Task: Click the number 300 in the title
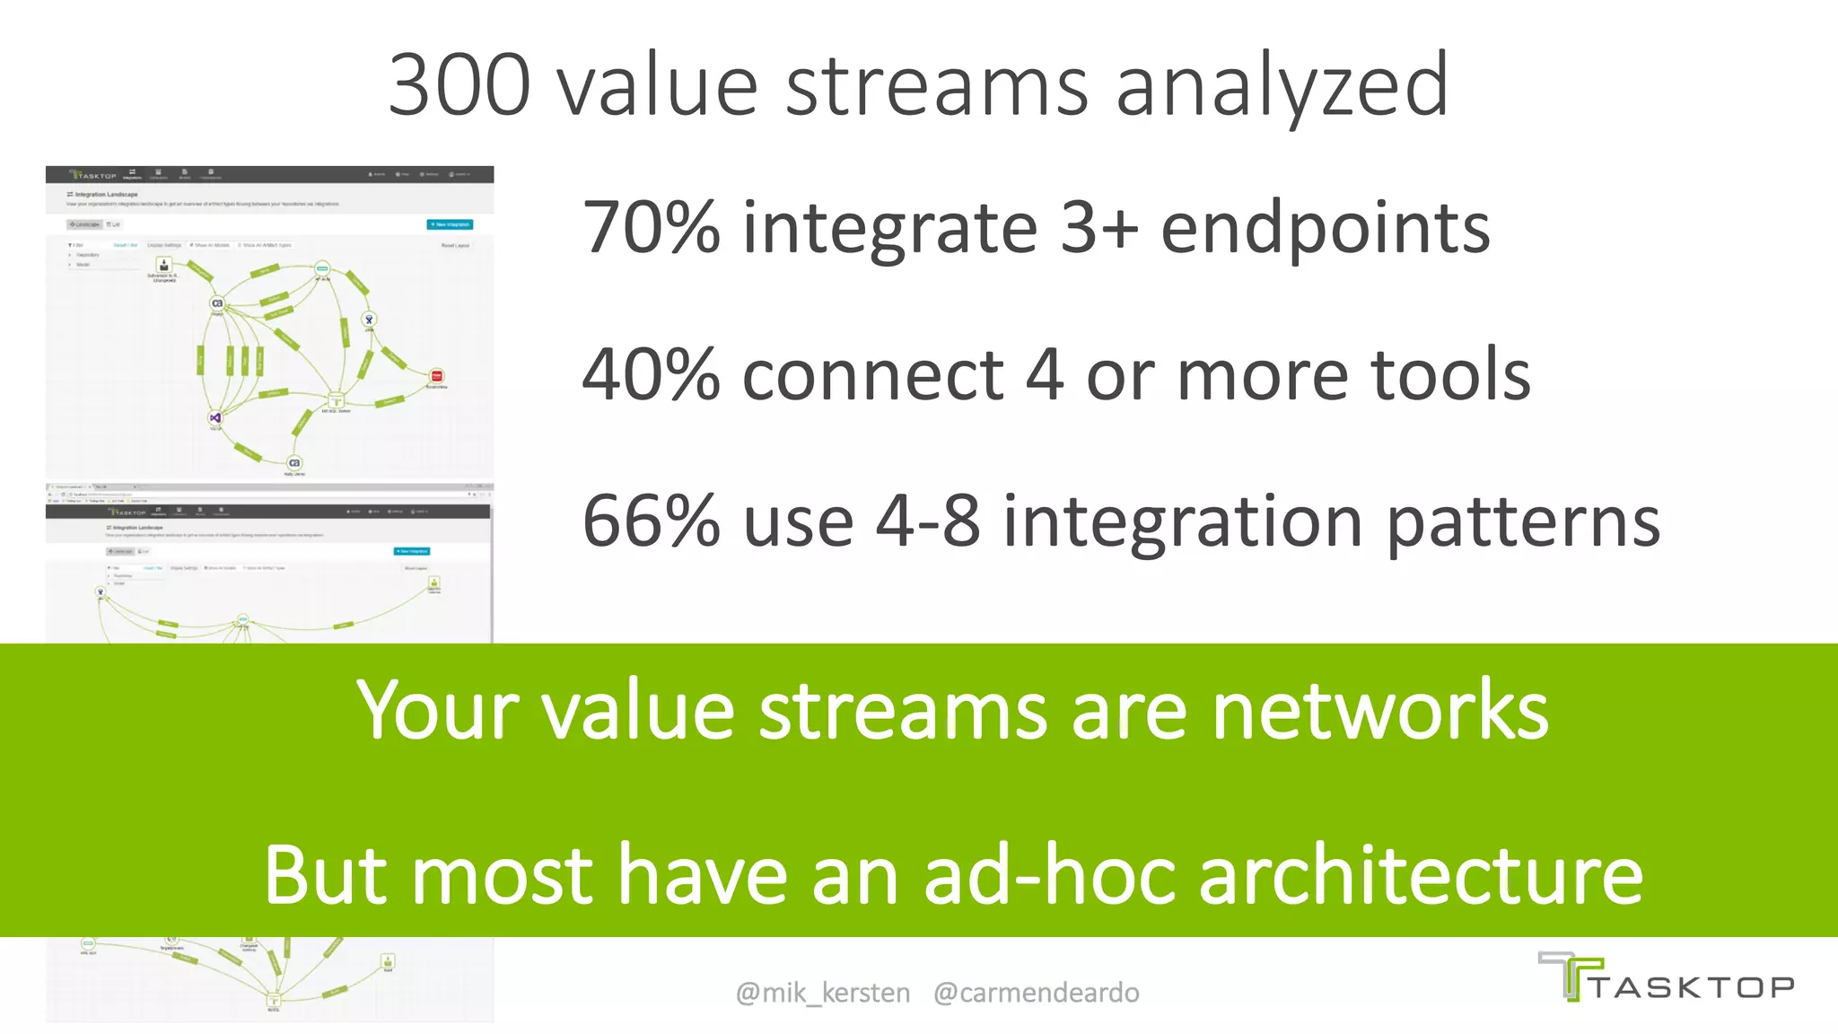(x=459, y=85)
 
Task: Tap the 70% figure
(x=651, y=228)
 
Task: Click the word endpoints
(x=1325, y=228)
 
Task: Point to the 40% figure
(x=651, y=375)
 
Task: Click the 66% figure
(x=651, y=521)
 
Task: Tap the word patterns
(x=1523, y=523)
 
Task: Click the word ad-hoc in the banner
(x=1049, y=875)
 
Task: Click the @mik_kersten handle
(x=822, y=993)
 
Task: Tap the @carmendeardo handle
(x=1036, y=993)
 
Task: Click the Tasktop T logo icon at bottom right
(x=1570, y=977)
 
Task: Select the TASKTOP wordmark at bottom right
(x=1693, y=988)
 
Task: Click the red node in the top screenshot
(x=436, y=376)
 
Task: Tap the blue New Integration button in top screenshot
(x=450, y=224)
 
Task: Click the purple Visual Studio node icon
(x=215, y=417)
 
